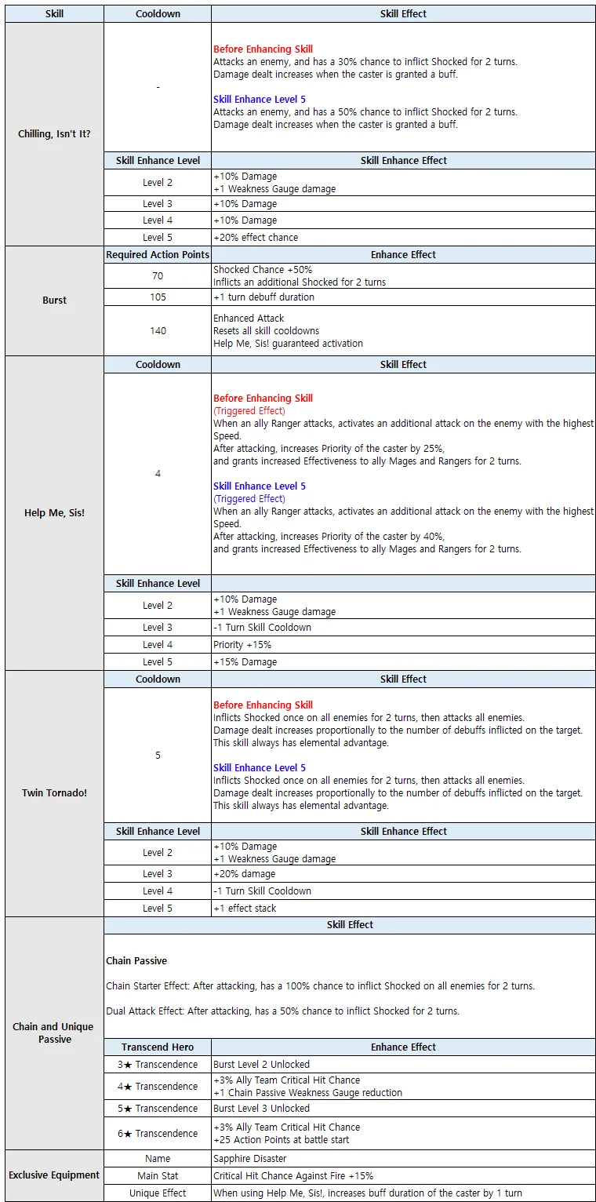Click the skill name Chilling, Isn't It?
(54, 134)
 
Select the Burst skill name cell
(54, 300)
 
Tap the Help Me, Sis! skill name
(54, 513)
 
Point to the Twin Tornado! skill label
(54, 793)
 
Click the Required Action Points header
(158, 255)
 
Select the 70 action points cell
(158, 276)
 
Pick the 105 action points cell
(158, 297)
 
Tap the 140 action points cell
(158, 331)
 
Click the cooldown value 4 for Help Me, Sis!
(158, 474)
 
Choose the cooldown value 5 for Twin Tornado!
(158, 756)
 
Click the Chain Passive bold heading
(136, 961)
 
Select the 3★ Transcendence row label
(158, 1065)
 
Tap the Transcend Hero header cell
(158, 1047)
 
